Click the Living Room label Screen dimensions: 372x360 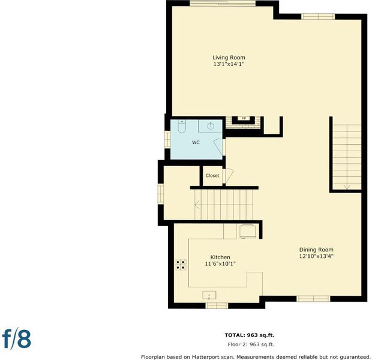click(x=229, y=58)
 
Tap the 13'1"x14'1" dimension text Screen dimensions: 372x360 click(x=229, y=64)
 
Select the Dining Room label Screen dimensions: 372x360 click(x=316, y=250)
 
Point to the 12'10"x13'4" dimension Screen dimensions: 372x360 click(x=316, y=256)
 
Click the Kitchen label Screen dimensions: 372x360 click(x=220, y=257)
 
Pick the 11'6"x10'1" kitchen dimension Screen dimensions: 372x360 click(x=220, y=264)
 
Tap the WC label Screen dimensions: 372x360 click(x=196, y=142)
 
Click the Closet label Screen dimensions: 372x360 click(x=212, y=176)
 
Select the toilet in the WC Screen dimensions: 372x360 click(x=182, y=126)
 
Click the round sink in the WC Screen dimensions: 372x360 click(x=211, y=126)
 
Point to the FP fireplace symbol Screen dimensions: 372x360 click(x=244, y=118)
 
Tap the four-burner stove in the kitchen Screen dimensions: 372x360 click(x=181, y=265)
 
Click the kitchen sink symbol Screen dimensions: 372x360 click(x=209, y=295)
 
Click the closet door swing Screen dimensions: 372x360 click(x=228, y=176)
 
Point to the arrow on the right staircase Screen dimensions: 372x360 click(x=347, y=187)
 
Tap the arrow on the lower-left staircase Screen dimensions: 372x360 click(x=197, y=205)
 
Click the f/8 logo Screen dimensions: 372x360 click(x=17, y=340)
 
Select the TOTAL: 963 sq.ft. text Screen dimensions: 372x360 click(x=250, y=335)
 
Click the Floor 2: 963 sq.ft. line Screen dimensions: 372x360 click(x=251, y=344)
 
